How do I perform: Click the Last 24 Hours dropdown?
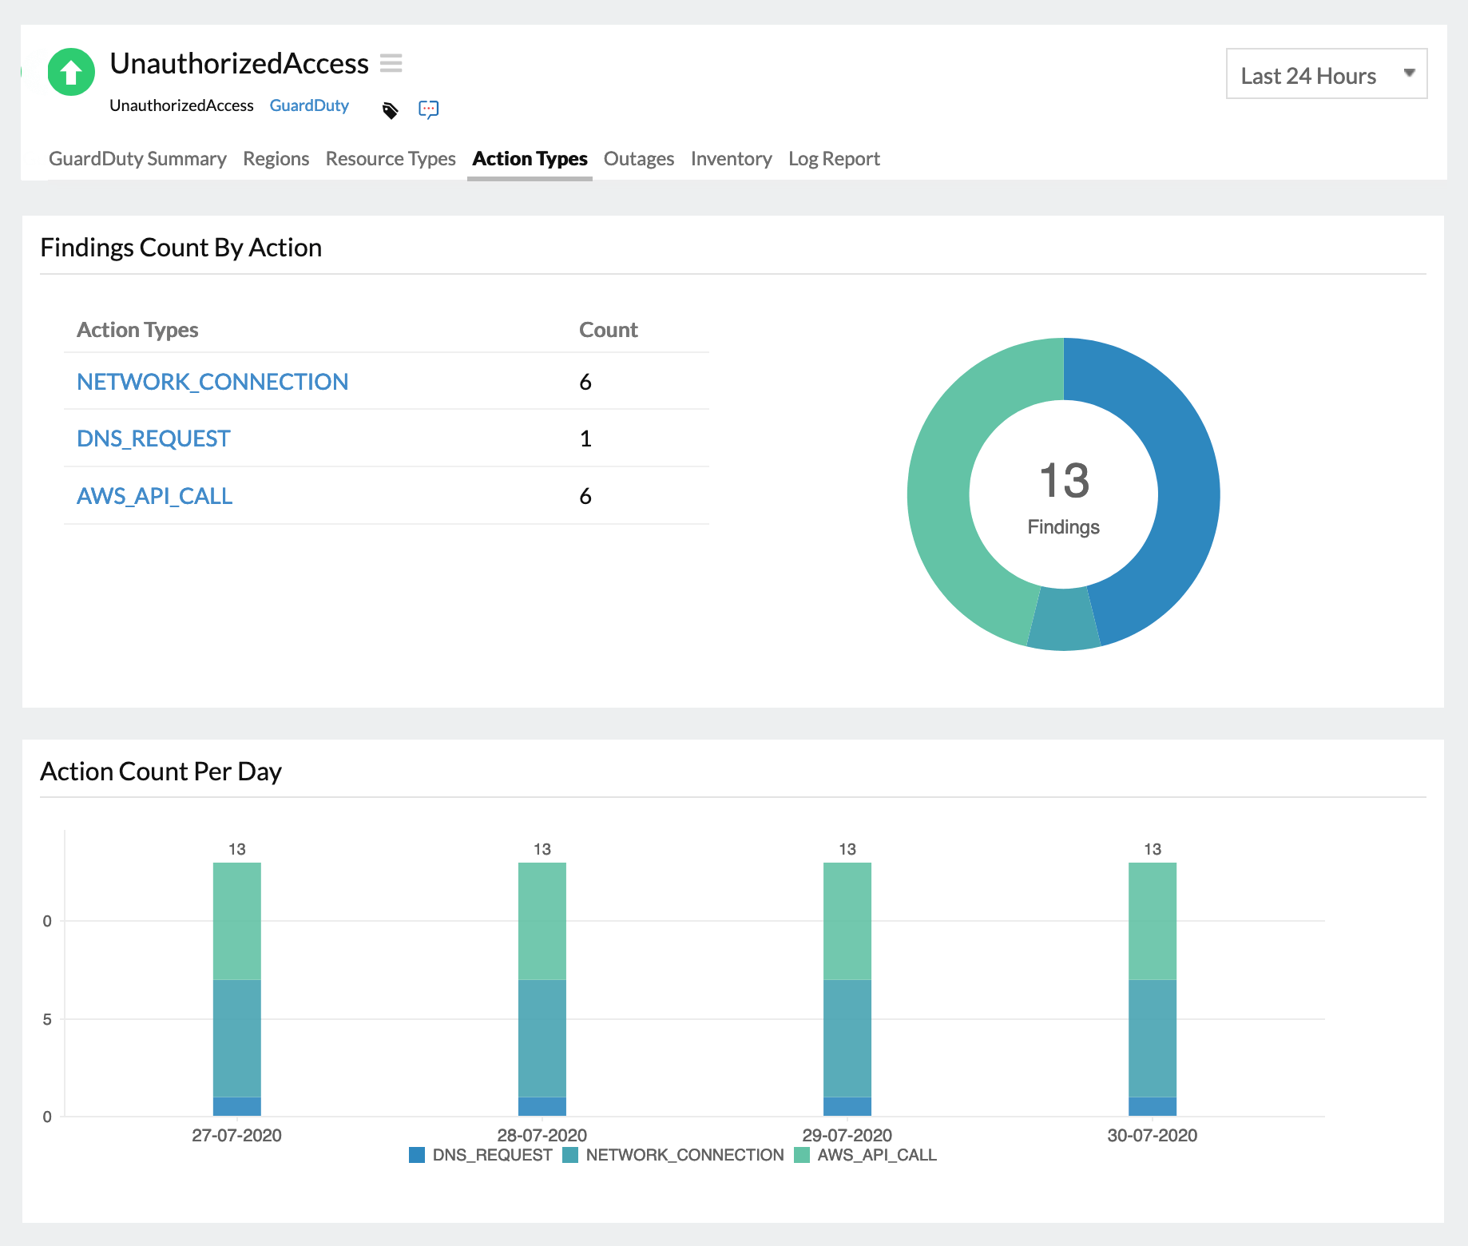point(1326,75)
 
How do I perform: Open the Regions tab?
point(276,159)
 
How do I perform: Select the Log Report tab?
point(833,159)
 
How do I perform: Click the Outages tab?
point(638,159)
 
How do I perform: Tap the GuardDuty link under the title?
point(309,105)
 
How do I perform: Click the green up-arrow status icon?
point(71,72)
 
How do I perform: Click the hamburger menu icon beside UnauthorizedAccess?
point(391,63)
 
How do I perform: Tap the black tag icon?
point(390,110)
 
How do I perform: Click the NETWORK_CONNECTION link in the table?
point(212,382)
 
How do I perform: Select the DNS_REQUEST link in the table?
point(153,438)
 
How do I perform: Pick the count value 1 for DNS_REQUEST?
point(585,438)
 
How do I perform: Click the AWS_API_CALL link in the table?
point(154,496)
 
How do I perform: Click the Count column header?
point(608,330)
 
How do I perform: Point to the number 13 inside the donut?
point(1064,481)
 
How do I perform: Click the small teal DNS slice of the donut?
point(1064,620)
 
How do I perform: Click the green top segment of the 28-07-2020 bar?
point(542,920)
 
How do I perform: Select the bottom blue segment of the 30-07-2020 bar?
point(1152,1106)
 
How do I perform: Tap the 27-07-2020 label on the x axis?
point(236,1135)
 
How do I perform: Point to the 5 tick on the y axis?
point(47,1019)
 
